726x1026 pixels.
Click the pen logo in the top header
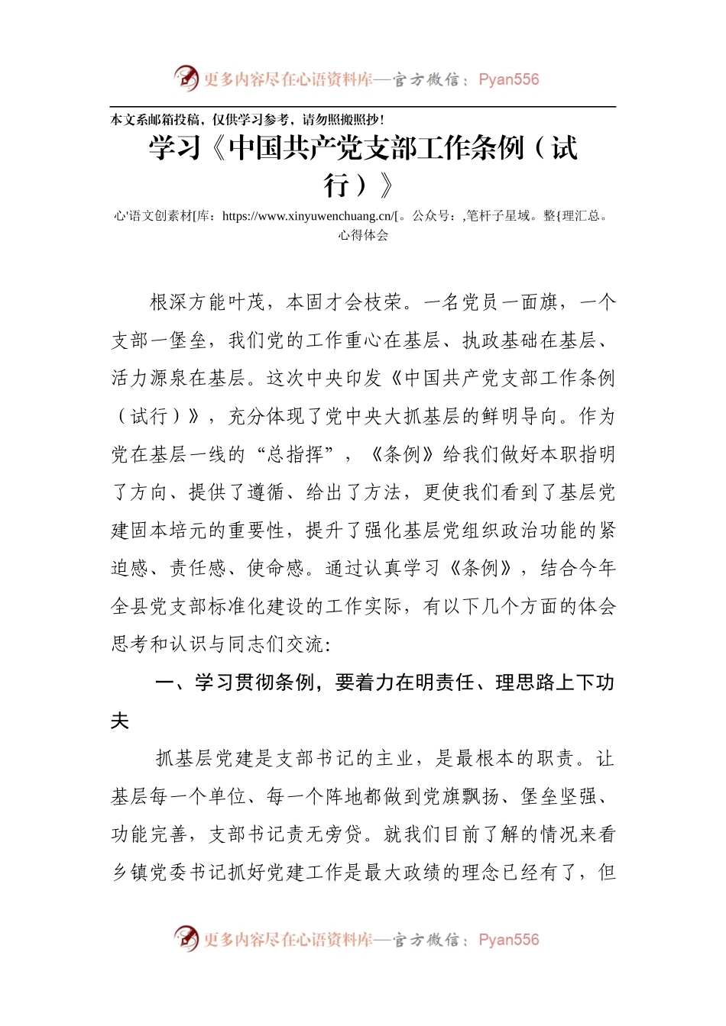(186, 78)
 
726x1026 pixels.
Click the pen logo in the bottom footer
(186, 938)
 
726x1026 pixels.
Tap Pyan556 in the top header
(508, 79)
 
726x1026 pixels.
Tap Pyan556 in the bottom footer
(508, 940)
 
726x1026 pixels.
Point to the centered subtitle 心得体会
(363, 235)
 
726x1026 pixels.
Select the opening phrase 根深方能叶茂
(207, 302)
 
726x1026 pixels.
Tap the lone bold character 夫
(120, 721)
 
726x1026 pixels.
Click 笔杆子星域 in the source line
(498, 216)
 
